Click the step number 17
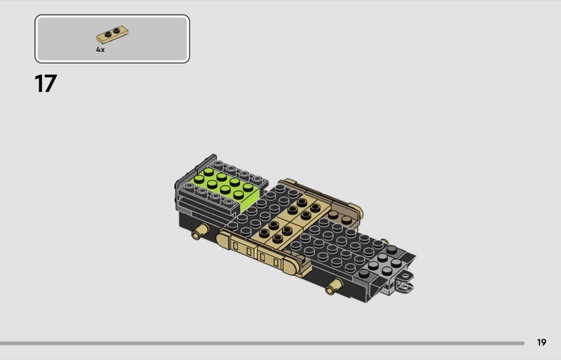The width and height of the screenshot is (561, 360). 46,84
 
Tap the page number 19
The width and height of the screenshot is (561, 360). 541,342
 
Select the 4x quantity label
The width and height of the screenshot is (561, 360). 100,50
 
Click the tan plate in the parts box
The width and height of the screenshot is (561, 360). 112,34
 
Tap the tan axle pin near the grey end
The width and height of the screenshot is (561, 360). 334,286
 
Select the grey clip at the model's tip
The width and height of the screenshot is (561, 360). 405,283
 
